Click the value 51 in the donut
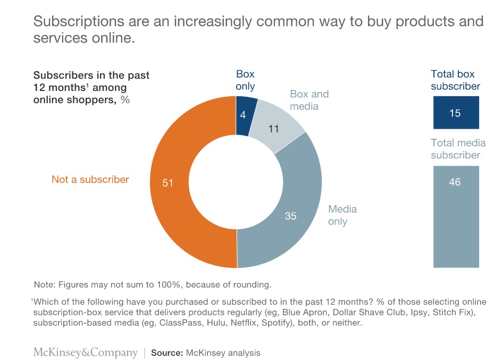click(168, 183)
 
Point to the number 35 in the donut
click(290, 216)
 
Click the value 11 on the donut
click(274, 129)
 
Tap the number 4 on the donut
click(243, 114)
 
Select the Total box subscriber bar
click(456, 112)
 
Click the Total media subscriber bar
click(456, 223)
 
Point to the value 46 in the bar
click(455, 182)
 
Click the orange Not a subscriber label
click(90, 180)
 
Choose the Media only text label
click(342, 215)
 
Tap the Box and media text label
click(309, 100)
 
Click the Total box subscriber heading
click(455, 80)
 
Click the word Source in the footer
click(166, 353)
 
